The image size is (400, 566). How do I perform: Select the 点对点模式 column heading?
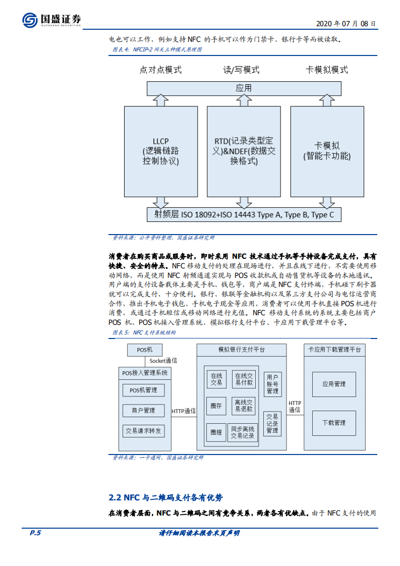160,70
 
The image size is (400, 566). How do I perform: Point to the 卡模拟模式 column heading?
327,70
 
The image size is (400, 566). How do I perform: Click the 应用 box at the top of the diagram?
244,88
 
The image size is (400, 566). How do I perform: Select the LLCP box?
160,151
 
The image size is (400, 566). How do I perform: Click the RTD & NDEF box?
244,151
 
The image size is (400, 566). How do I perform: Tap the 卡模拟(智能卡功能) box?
327,151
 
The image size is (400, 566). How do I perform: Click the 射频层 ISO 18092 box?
244,214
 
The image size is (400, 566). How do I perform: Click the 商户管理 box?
143,411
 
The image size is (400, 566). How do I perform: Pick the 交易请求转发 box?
143,431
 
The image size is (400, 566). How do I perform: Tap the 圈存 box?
216,406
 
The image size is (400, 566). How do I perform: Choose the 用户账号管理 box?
272,384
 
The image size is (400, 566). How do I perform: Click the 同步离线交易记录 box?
243,432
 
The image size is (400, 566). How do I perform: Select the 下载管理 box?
334,423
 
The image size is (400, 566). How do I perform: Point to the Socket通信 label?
163,361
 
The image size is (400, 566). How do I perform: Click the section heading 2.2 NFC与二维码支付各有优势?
165,498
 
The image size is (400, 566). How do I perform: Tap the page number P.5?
35,533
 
